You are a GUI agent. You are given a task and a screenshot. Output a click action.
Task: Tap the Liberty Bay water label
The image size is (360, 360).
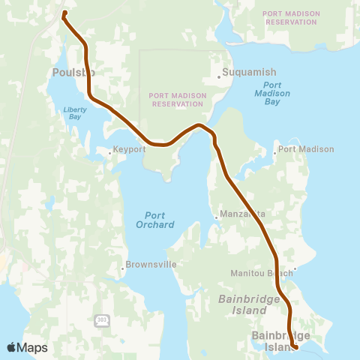pos(75,113)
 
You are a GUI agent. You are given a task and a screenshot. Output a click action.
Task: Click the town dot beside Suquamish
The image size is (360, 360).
pos(219,76)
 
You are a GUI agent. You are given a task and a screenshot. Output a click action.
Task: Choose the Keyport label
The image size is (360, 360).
pos(130,150)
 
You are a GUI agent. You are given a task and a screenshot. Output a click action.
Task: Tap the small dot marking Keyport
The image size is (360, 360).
pos(110,153)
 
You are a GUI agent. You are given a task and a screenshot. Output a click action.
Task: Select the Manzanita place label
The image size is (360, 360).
pos(242,214)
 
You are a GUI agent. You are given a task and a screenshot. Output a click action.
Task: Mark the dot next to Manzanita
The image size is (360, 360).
pos(217,217)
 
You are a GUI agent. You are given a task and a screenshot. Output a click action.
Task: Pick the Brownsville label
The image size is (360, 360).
pos(151,265)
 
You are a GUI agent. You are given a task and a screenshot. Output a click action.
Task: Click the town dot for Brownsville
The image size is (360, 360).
pos(123,268)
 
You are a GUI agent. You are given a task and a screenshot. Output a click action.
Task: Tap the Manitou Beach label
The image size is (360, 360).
pos(262,273)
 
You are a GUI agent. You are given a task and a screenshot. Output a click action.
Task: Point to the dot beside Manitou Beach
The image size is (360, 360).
pos(295,268)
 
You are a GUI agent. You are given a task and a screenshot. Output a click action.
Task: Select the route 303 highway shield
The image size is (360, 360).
pos(101,320)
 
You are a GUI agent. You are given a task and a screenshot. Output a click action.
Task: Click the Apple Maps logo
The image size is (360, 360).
pos(26,347)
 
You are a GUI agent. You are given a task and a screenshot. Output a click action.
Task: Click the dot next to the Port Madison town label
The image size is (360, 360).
pos(275,150)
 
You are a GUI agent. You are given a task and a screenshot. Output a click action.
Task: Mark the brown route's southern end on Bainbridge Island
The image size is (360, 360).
pos(296,346)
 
